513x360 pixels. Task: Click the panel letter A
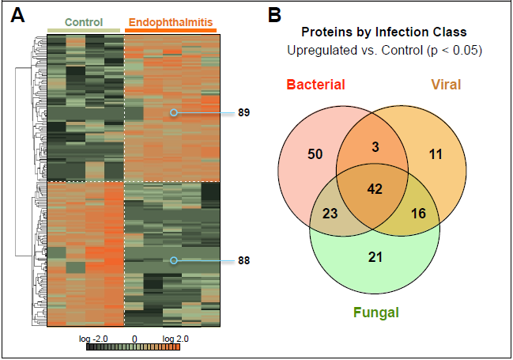[x=17, y=16]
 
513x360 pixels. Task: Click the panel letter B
[x=274, y=16]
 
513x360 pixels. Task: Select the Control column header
[x=85, y=23]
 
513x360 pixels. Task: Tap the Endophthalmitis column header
[x=171, y=23]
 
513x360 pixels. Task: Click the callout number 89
[x=243, y=113]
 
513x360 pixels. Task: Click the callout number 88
[x=243, y=260]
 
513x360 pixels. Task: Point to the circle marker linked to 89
[x=174, y=113]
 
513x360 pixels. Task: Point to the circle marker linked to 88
[x=174, y=260]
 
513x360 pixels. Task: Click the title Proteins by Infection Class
[x=383, y=32]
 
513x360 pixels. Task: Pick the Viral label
[x=447, y=85]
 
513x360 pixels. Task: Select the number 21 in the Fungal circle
[x=375, y=257]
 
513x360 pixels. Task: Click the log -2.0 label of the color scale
[x=92, y=338]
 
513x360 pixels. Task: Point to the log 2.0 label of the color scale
[x=175, y=338]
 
